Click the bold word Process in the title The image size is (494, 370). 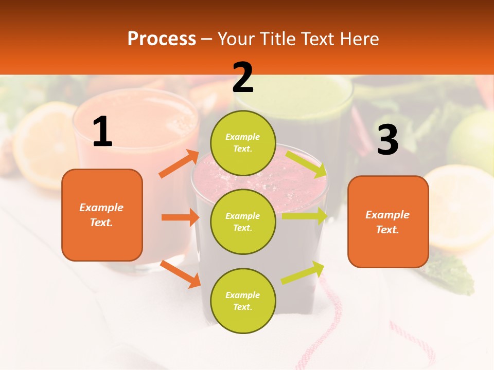click(162, 39)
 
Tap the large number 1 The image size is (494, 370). click(102, 132)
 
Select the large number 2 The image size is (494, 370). click(243, 78)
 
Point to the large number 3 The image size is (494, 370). click(387, 140)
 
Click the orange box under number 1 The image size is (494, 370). click(102, 215)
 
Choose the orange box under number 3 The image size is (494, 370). click(388, 222)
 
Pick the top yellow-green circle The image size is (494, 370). click(243, 143)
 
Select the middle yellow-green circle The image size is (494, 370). click(243, 221)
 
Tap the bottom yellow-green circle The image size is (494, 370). click(243, 301)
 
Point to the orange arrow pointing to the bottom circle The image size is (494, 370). click(181, 274)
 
